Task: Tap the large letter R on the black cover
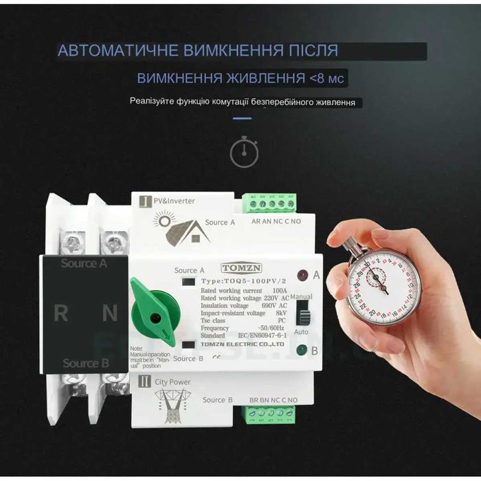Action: pos(61,313)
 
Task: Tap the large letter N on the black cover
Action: pos(109,313)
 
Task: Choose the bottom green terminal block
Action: pos(271,414)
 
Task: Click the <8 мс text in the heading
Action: pos(328,78)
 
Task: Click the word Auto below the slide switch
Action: pos(301,331)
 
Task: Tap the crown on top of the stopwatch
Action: pos(350,242)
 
